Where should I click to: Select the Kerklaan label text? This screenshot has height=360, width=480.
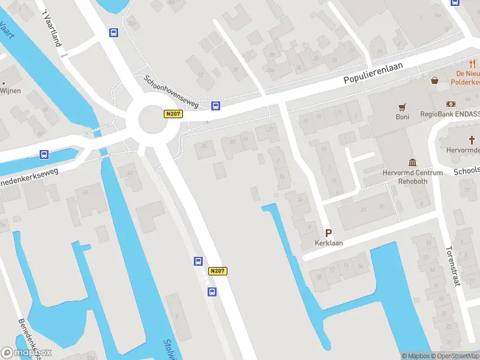[329, 244]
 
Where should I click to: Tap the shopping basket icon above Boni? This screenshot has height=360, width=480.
[435, 80]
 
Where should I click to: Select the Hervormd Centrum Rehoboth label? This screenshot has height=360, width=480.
[413, 177]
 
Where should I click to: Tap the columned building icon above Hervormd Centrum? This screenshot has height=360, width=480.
[413, 163]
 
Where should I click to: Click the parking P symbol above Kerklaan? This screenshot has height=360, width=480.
[328, 233]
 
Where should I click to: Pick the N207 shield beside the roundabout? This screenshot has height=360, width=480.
[172, 113]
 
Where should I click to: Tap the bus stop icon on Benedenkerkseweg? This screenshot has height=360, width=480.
[44, 154]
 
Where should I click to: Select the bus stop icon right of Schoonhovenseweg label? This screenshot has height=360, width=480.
[215, 106]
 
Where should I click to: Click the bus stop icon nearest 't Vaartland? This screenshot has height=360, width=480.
[113, 32]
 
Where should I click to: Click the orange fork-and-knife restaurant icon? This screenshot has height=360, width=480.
[472, 64]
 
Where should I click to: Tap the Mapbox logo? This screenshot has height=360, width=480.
[26, 353]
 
